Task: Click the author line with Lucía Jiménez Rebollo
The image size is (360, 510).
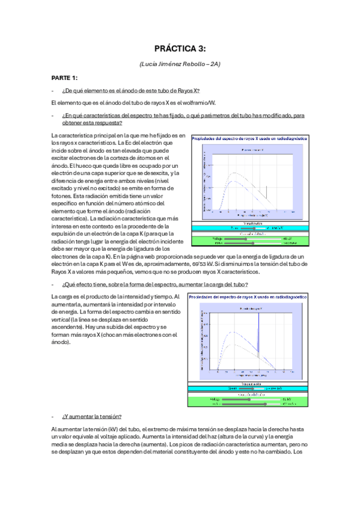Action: (x=180, y=64)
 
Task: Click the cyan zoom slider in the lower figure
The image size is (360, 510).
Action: (x=246, y=389)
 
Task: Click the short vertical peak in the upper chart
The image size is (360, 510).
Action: (x=266, y=194)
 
